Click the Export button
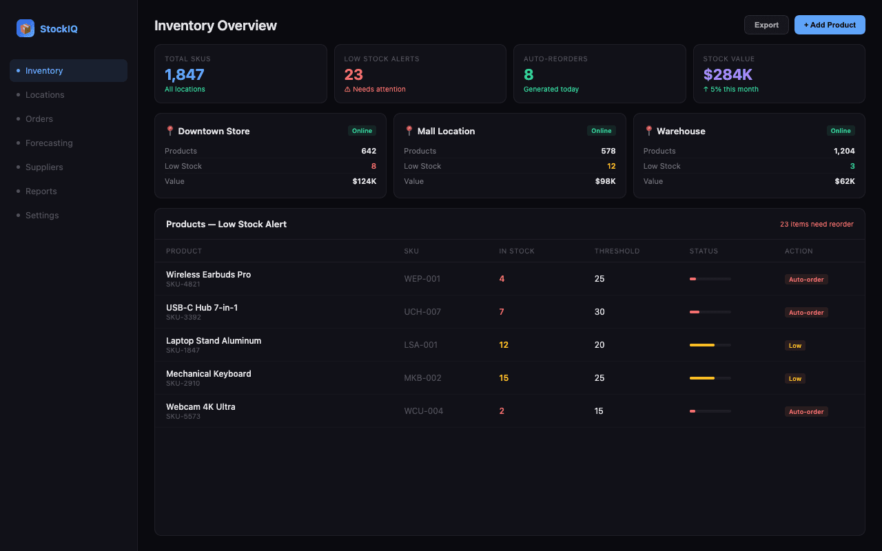point(766,25)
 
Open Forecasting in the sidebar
point(49,143)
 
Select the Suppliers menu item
point(44,167)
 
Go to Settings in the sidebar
point(42,216)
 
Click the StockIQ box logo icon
point(25,28)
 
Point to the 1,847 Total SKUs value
point(185,74)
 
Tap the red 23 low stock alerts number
point(353,74)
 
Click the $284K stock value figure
point(728,74)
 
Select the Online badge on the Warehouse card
point(840,131)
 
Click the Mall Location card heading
point(446,131)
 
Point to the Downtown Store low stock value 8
point(373,166)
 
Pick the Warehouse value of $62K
point(845,181)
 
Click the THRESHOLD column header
point(617,251)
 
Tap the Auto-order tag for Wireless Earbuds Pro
point(806,280)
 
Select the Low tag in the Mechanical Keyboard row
point(794,379)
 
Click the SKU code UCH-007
point(422,312)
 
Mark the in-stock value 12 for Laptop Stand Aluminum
point(504,345)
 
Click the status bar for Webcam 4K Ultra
point(710,411)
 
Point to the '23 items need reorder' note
point(817,225)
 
